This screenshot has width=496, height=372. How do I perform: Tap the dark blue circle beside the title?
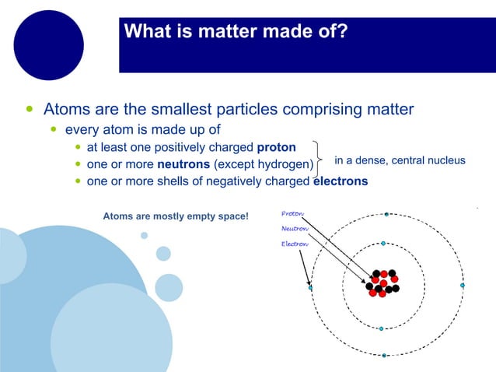tap(48, 45)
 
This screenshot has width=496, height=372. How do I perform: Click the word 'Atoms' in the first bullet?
tap(66, 109)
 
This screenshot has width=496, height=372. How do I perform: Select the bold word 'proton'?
tap(276, 147)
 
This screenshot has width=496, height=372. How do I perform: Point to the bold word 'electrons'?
tap(340, 181)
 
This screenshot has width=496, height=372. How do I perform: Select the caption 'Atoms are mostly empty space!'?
tap(176, 214)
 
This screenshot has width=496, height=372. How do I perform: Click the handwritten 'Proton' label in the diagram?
tap(292, 214)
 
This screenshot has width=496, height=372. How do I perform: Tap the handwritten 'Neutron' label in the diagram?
tap(294, 229)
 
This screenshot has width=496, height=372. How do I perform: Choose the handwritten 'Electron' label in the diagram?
tap(294, 244)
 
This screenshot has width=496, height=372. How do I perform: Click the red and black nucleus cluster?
tap(382, 283)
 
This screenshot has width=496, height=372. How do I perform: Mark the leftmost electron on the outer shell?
tap(310, 288)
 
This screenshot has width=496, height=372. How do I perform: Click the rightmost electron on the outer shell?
tap(462, 286)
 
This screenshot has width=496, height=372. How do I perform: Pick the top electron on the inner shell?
tap(383, 244)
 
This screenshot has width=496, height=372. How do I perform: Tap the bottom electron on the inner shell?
tap(381, 328)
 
